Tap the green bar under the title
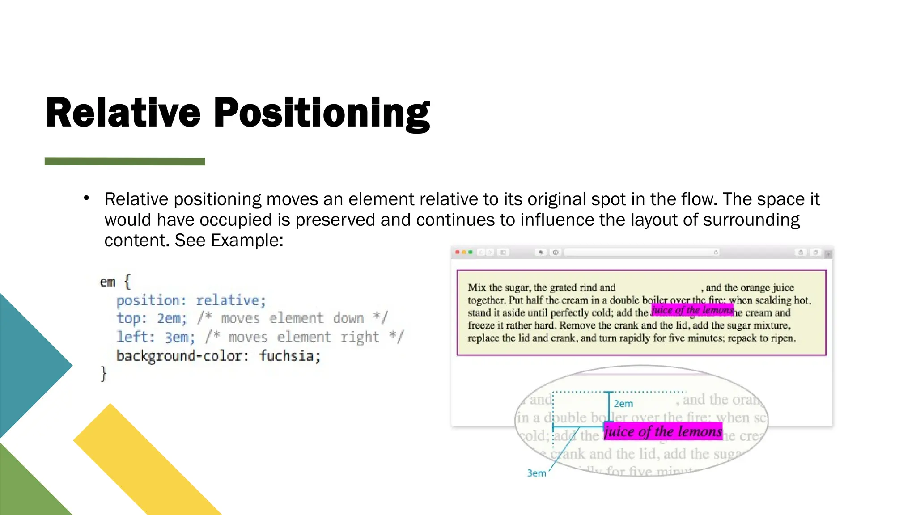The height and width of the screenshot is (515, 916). click(124, 161)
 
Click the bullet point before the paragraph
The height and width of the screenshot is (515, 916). click(86, 198)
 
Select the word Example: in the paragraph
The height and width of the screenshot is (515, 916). click(247, 241)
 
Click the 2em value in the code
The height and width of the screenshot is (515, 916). click(171, 318)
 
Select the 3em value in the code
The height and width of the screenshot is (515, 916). click(179, 337)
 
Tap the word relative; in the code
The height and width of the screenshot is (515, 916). click(230, 300)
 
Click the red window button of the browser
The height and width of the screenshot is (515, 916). click(457, 252)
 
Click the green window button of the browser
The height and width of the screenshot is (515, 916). click(471, 252)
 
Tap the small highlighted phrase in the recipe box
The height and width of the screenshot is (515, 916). click(692, 310)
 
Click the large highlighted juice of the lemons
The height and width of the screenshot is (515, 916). click(663, 431)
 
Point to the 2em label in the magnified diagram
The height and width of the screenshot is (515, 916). click(623, 403)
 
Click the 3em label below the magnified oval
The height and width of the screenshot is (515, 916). click(536, 473)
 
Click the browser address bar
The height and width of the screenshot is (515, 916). click(640, 253)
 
